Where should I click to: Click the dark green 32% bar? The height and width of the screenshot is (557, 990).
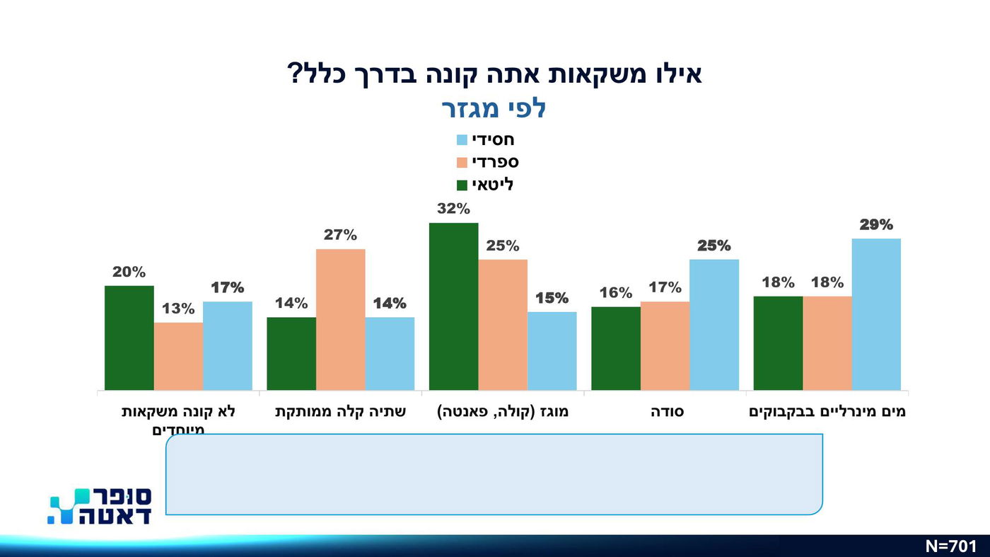tap(453, 306)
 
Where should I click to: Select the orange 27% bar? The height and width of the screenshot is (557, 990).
tap(340, 319)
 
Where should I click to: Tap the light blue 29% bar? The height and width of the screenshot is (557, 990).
tap(876, 314)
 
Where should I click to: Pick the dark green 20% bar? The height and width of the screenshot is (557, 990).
tap(129, 338)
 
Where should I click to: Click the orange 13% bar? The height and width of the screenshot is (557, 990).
tap(178, 356)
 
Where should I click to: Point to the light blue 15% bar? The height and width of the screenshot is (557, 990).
tap(552, 350)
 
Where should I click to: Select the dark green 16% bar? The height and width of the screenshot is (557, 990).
tap(615, 348)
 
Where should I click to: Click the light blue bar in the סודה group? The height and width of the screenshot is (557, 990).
tap(714, 325)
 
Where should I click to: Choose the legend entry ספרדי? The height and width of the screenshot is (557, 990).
tap(488, 162)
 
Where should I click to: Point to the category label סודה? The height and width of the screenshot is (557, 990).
tap(666, 412)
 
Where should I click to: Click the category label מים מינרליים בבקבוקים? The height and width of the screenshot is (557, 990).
tap(827, 412)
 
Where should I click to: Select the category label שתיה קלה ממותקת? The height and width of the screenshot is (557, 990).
tap(340, 412)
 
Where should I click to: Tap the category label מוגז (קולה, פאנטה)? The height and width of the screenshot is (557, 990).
tap(503, 412)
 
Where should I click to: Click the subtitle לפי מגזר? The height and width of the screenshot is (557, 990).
tap(494, 109)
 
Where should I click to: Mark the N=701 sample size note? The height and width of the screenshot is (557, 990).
tap(950, 546)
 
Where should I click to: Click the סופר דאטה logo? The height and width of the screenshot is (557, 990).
tap(100, 506)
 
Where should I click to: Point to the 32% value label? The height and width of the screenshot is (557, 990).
tap(453, 209)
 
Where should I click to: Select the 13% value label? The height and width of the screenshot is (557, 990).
tap(178, 309)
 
